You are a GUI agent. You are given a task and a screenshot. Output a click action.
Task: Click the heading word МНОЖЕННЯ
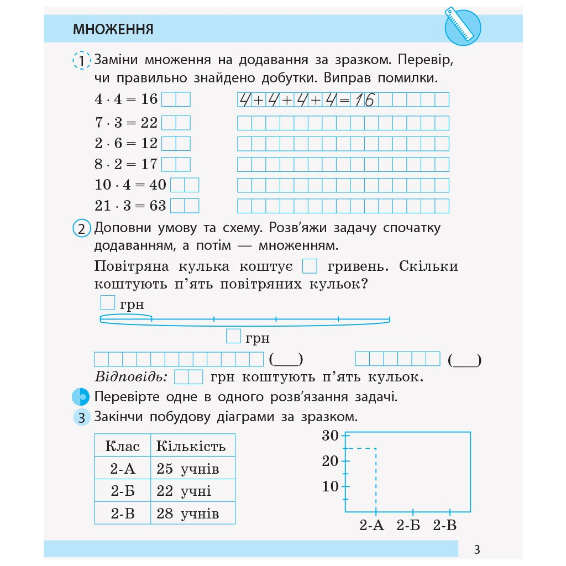pos(113,29)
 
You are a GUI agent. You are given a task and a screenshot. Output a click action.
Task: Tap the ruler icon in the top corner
pos(463,27)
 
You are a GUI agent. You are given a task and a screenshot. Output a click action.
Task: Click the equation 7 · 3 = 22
pos(126,123)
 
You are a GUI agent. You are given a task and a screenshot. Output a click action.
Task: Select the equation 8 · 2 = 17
pos(126,164)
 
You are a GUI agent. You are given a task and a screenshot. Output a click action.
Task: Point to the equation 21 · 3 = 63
pos(130,206)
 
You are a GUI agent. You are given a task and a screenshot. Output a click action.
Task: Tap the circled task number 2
pos(81,229)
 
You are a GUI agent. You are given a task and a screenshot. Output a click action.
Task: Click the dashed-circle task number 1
pos(81,60)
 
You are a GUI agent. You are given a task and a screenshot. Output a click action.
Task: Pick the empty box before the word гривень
pos(310,266)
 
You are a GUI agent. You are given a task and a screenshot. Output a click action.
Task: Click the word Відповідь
pos(131,378)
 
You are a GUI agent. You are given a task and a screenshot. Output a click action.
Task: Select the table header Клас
pos(122,446)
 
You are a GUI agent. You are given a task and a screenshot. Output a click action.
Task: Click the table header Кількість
pos(191,446)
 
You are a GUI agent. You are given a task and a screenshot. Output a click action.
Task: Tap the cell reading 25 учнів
pos(188,469)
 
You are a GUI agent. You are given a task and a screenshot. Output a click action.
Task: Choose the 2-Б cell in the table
pos(122,491)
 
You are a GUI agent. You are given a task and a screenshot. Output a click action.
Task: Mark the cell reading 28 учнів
pos(188,513)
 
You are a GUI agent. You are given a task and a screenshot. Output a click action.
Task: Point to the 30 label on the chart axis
pos(330,436)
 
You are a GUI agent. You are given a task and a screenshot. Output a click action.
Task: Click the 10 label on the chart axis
pos(330,486)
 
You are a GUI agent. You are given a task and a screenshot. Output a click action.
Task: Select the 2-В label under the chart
pos(444,525)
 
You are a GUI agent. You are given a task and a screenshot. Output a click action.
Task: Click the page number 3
pos(477,550)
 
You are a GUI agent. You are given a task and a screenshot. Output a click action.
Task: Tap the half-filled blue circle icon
pos(81,397)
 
